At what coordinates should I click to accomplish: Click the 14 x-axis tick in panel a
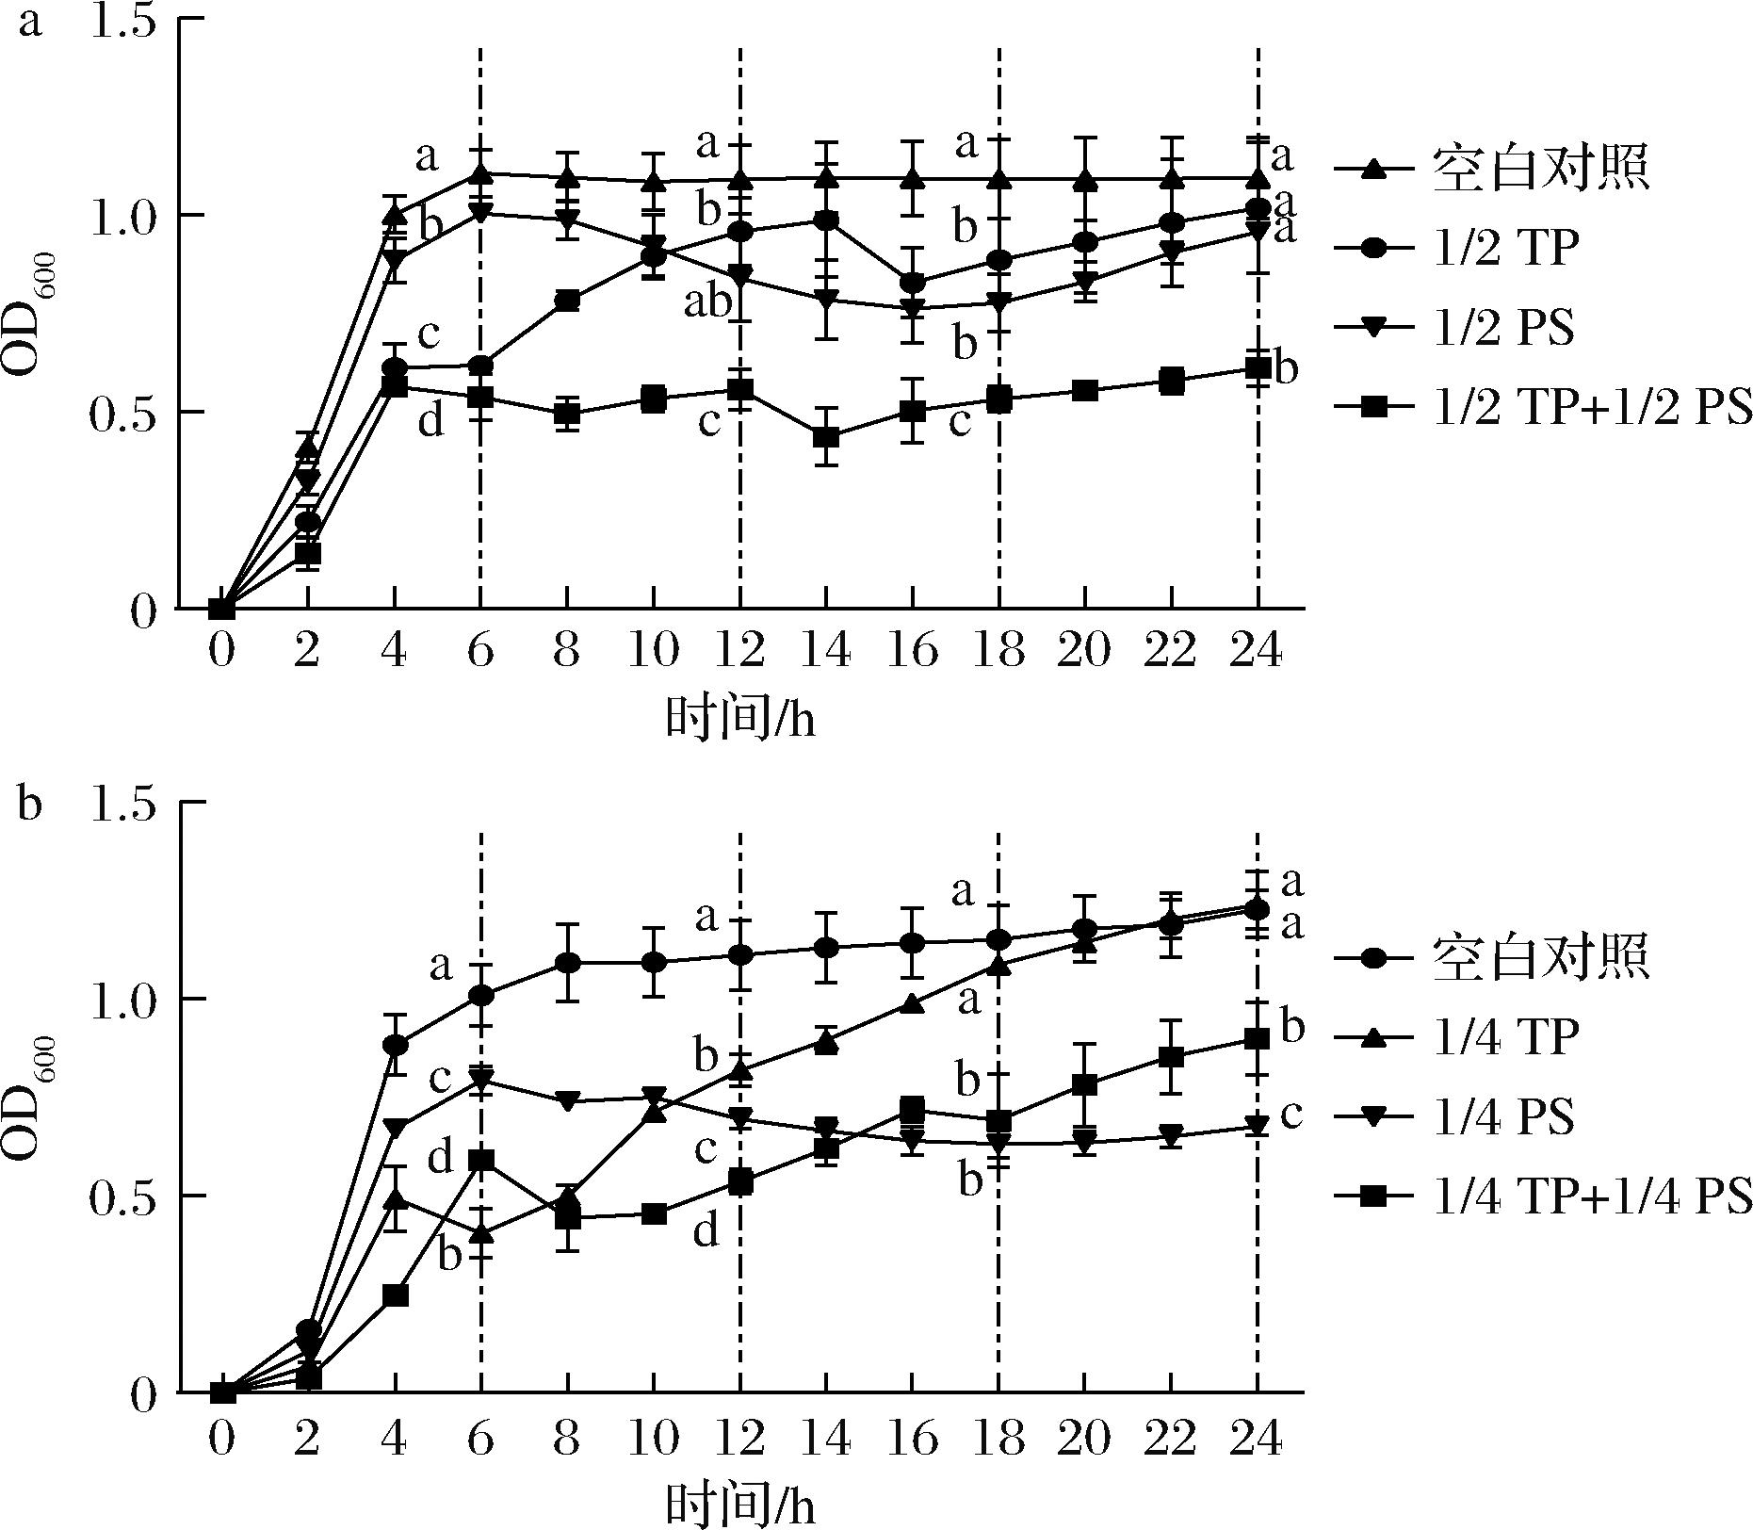pyautogui.click(x=825, y=651)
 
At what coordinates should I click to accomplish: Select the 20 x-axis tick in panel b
pyautogui.click(x=1085, y=1439)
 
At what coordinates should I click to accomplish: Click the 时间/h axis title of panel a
pyautogui.click(x=740, y=721)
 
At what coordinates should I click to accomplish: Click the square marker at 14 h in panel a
pyautogui.click(x=826, y=437)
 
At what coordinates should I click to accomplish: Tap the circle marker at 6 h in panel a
pyautogui.click(x=481, y=366)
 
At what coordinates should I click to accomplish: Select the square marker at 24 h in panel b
pyautogui.click(x=1258, y=1038)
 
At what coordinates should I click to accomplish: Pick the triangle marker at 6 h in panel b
pyautogui.click(x=481, y=1232)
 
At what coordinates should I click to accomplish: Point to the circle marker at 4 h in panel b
pyautogui.click(x=396, y=1045)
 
